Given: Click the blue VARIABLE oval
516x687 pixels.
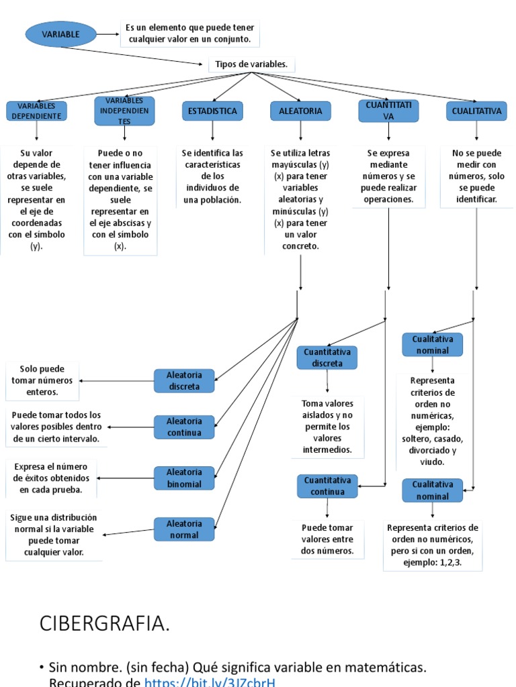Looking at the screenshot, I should tap(60, 34).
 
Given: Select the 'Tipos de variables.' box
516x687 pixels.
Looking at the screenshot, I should tap(251, 64).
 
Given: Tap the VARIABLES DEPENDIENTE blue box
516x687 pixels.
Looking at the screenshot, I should tap(36, 111).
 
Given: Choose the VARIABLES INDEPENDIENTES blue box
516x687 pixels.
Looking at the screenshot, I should tap(124, 111).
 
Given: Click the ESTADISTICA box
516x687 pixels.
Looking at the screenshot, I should tap(212, 111).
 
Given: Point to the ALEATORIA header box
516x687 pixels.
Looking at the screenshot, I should tap(300, 111).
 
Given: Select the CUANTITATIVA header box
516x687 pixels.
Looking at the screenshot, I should tap(388, 111).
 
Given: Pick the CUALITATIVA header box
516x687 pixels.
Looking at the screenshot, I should tap(476, 111).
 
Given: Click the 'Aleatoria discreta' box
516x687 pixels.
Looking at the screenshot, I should tap(184, 380).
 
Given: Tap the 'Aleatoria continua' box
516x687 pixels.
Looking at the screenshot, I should tap(184, 427).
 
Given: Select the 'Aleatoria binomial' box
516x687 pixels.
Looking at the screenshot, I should tap(184, 478).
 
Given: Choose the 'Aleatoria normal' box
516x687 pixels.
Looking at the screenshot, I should tap(184, 529).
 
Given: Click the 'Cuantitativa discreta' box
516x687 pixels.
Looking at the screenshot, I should tap(327, 358).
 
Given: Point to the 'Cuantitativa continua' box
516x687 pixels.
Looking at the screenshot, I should tap(327, 486).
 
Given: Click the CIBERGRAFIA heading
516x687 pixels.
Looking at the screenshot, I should tap(105, 624).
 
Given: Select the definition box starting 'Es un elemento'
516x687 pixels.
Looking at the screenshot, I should tap(189, 34).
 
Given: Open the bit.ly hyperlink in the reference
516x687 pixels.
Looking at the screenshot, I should tap(210, 682).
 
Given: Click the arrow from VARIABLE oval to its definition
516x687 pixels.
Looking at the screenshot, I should tap(107, 34).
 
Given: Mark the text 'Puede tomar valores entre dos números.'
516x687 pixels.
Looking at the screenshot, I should tap(327, 539).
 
